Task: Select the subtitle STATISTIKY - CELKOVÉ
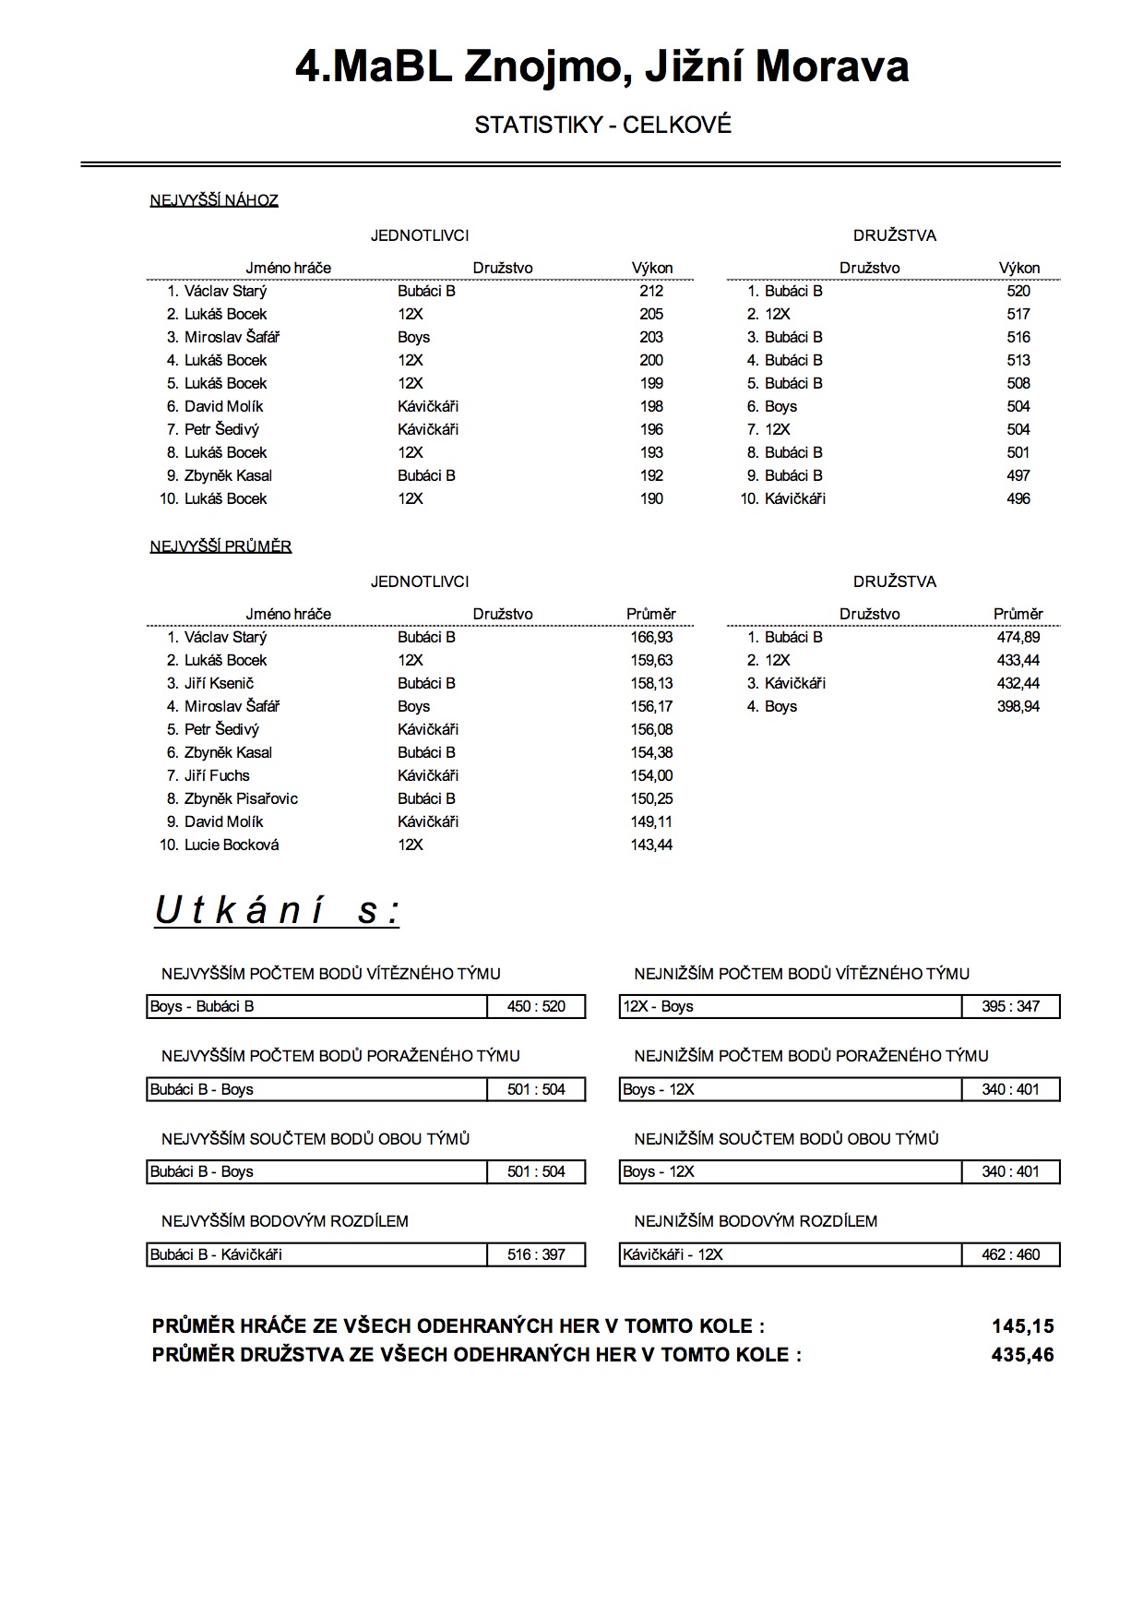(602, 126)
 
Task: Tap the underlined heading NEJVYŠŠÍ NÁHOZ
(214, 200)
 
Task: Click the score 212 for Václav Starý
(651, 291)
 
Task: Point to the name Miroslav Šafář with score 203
(232, 337)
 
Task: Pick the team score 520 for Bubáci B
(1018, 291)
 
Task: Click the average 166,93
(651, 637)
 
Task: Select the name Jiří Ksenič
(219, 683)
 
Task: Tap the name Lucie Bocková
(232, 845)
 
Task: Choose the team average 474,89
(1018, 637)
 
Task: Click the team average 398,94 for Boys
(1018, 706)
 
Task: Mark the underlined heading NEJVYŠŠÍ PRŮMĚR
(220, 546)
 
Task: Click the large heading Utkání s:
(277, 911)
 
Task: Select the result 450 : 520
(536, 1006)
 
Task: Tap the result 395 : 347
(1010, 1006)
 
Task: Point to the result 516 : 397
(536, 1254)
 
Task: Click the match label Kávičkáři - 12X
(673, 1254)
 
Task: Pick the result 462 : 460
(1010, 1254)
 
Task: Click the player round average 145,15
(1022, 1326)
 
